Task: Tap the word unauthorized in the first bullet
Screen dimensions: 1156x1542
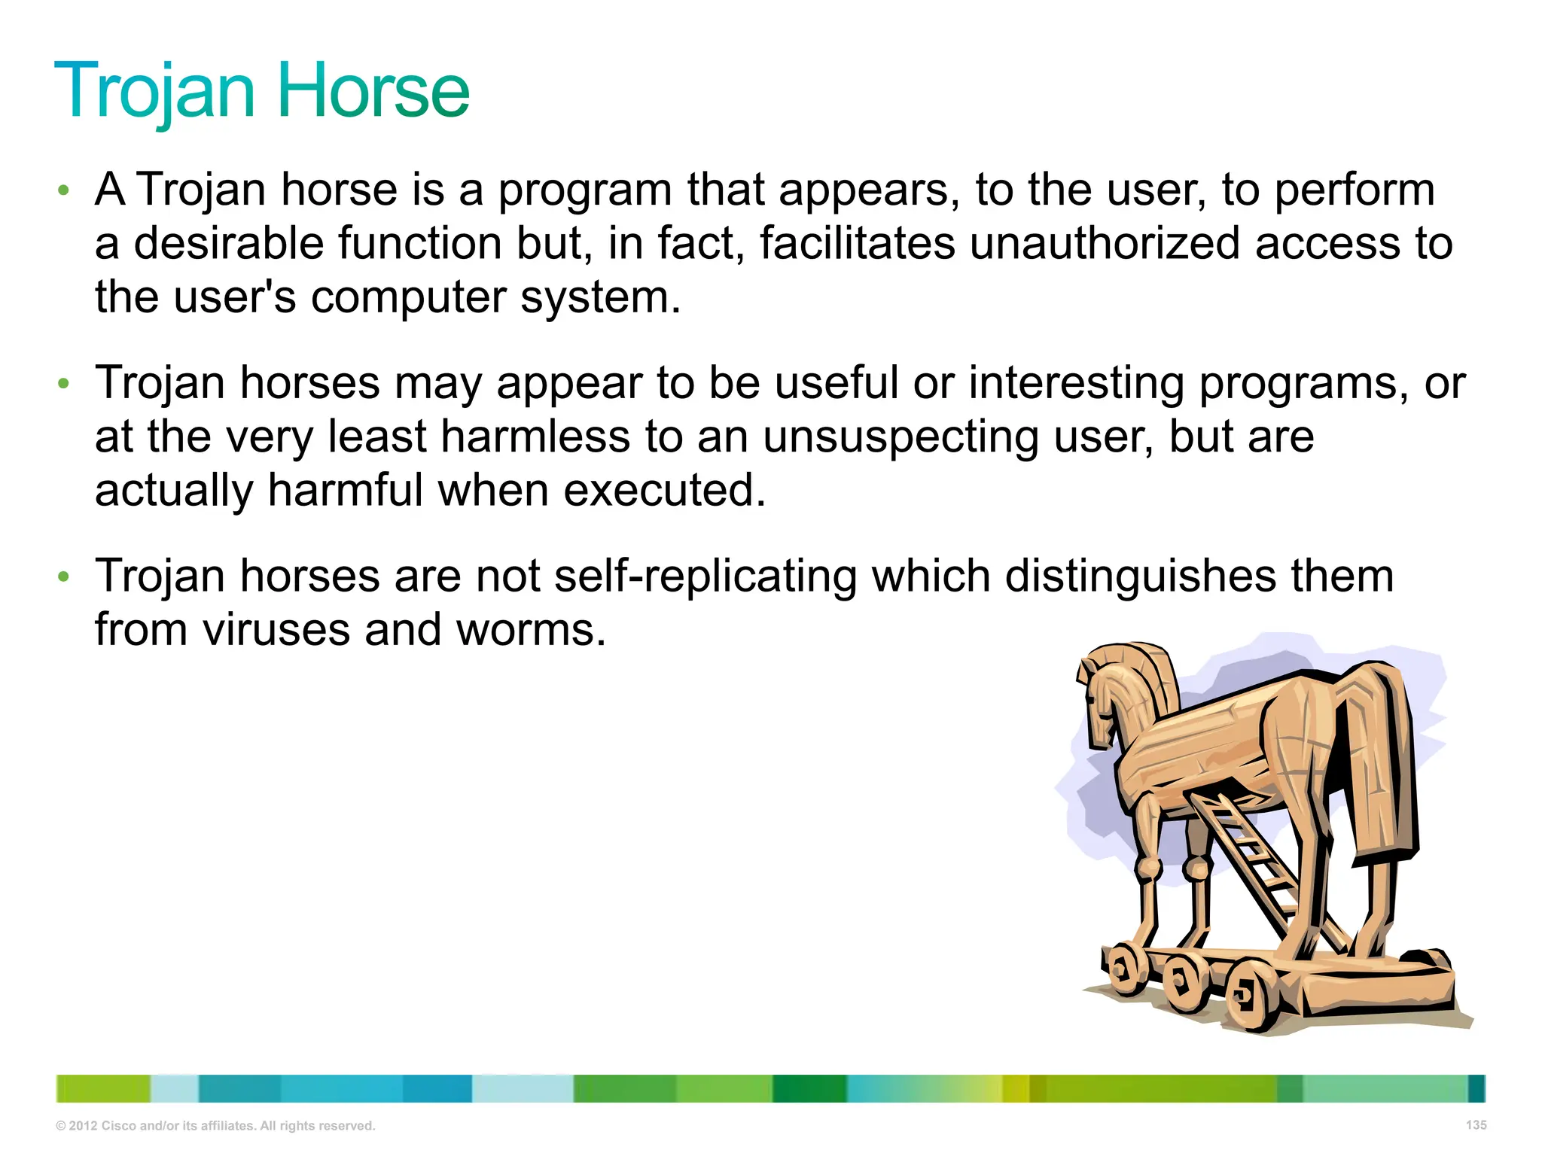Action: (x=1104, y=244)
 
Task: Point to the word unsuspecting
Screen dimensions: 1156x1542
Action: (x=900, y=438)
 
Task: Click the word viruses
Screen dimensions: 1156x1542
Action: (x=276, y=631)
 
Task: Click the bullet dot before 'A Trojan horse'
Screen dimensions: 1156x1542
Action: (x=64, y=190)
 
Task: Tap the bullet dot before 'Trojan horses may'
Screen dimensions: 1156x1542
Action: (x=64, y=384)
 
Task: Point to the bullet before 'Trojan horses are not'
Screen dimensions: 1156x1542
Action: (x=64, y=577)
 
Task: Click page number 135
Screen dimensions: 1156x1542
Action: (x=1476, y=1124)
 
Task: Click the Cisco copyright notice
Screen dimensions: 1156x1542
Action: (x=215, y=1126)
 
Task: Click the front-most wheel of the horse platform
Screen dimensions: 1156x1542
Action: (x=1250, y=997)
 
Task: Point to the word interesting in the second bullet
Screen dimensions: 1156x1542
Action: (x=1076, y=384)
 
